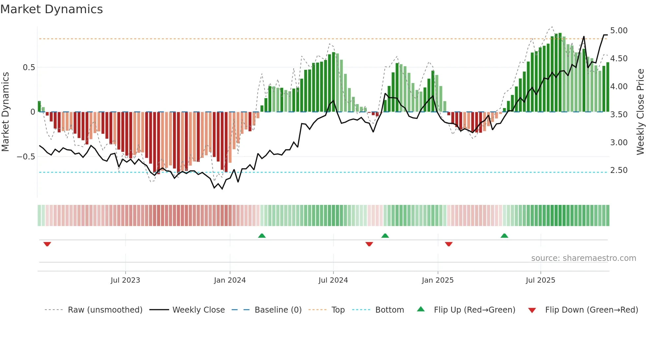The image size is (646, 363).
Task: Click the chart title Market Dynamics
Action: [x=52, y=9]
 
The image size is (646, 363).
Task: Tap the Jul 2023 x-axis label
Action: [x=125, y=280]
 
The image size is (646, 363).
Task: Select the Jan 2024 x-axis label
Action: [x=230, y=280]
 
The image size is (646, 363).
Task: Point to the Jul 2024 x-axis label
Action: [x=333, y=280]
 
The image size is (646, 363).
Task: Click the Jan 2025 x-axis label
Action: [x=437, y=280]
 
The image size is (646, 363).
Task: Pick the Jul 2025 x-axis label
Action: [x=540, y=280]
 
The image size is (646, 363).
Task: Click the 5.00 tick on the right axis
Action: [x=619, y=31]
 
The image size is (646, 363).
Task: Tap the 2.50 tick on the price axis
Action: [x=619, y=170]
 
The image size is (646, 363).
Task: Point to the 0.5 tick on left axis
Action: [x=29, y=68]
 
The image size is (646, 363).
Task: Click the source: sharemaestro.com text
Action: [x=583, y=258]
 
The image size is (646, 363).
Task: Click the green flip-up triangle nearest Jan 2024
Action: [x=262, y=236]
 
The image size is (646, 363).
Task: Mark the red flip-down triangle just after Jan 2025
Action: [x=449, y=244]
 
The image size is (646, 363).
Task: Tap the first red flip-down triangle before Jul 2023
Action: [x=47, y=244]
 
